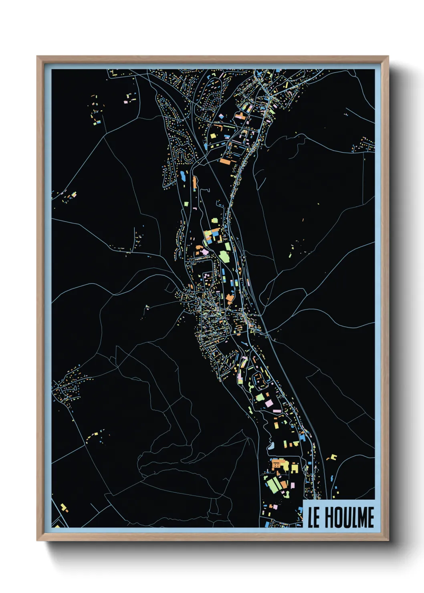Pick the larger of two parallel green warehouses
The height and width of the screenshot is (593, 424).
click(274, 485)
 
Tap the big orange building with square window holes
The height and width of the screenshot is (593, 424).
click(277, 465)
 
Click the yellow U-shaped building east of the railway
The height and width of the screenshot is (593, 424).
click(333, 457)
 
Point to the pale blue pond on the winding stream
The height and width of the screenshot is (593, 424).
click(271, 445)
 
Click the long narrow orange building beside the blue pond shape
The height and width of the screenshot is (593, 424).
click(195, 183)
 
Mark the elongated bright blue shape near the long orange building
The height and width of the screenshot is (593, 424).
click(183, 175)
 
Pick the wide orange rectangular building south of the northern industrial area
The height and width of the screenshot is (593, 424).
click(225, 162)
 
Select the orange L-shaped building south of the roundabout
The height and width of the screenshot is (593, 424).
click(230, 298)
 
